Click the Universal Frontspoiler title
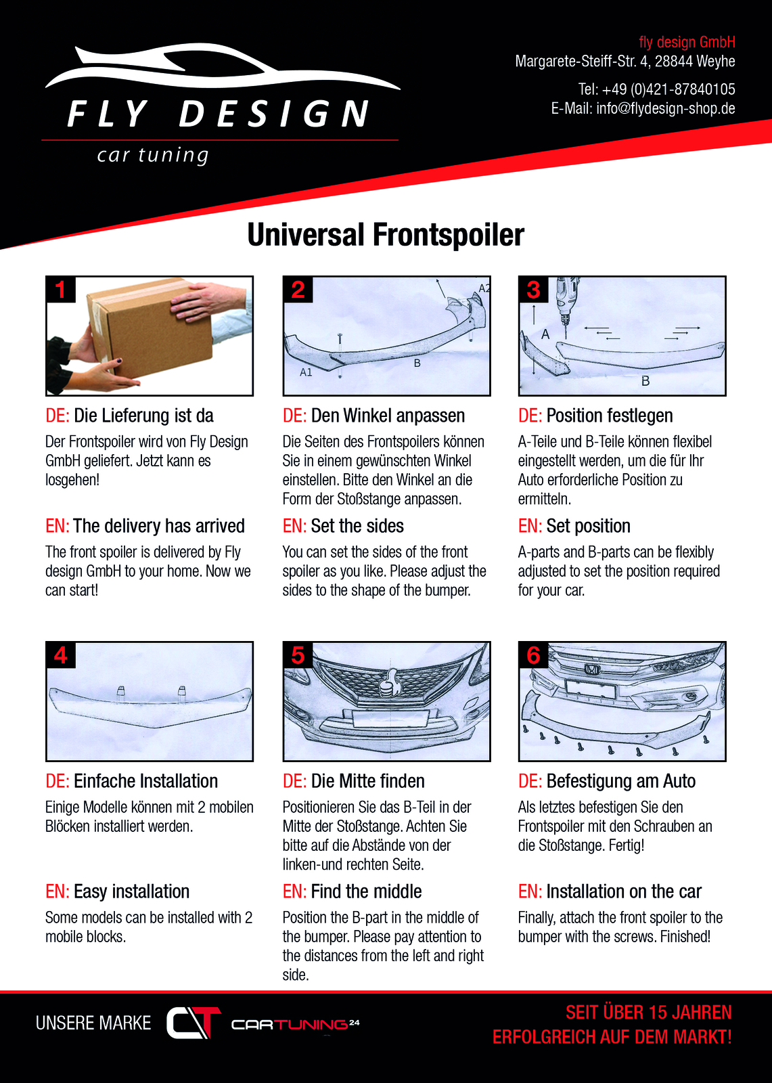pos(385,235)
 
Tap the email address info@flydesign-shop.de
pos(666,108)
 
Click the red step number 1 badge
pos(61,290)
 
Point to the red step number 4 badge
pos(61,655)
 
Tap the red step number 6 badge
pos(534,655)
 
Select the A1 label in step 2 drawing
pos(306,372)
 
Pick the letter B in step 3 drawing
pos(645,381)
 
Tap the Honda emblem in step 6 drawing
pos(590,669)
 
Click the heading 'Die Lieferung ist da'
pos(143,416)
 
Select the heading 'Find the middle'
pos(367,891)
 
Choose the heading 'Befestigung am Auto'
pos(621,781)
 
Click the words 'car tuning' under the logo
pos(153,156)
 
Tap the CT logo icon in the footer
pos(194,1023)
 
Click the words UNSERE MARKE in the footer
pos(93,1023)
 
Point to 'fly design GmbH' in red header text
pos(687,42)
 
